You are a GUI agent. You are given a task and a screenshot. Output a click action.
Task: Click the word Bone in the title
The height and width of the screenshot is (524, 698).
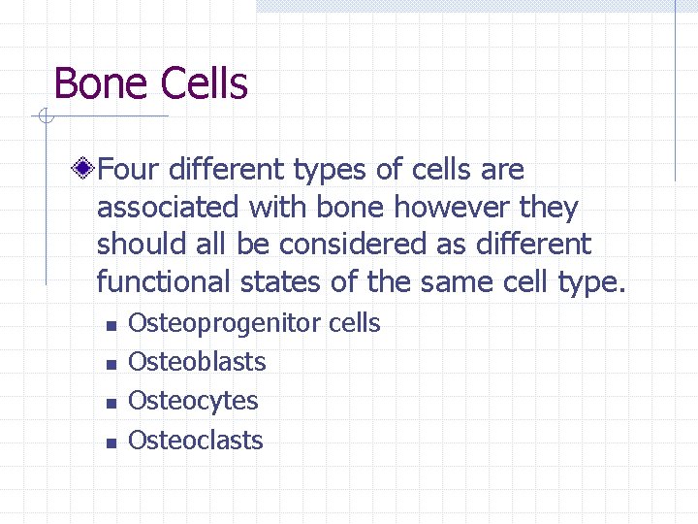click(x=101, y=84)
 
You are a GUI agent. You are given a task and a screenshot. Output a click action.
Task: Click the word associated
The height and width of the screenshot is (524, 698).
click(x=168, y=208)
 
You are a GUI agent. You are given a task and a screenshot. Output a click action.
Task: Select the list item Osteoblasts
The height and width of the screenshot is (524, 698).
click(x=197, y=362)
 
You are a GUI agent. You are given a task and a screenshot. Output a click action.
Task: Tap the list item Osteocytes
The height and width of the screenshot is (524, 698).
click(x=193, y=401)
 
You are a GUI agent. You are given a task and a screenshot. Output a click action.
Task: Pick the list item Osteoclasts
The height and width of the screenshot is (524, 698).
click(x=196, y=440)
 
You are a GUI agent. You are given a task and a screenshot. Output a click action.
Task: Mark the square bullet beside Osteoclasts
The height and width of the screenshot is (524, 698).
click(x=111, y=442)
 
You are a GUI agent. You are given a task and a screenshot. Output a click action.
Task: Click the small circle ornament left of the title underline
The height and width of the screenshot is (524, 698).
click(x=44, y=117)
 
